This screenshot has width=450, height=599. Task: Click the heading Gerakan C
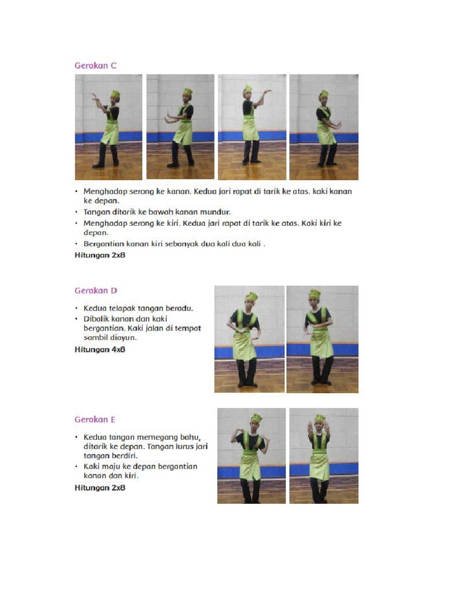(x=96, y=66)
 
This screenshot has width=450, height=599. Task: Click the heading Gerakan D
(x=96, y=290)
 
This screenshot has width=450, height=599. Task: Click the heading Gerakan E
(x=94, y=419)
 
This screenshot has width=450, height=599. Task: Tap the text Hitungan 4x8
(x=100, y=349)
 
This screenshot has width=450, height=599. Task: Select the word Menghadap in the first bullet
(x=105, y=192)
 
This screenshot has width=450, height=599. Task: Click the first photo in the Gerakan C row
(x=108, y=127)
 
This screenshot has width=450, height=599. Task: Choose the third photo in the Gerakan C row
(x=252, y=127)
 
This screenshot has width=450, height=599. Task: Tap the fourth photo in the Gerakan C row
(x=323, y=127)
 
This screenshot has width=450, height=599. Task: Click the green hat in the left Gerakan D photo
(x=251, y=297)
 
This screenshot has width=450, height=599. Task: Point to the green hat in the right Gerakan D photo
(x=315, y=294)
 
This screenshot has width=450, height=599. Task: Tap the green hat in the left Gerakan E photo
(x=256, y=418)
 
